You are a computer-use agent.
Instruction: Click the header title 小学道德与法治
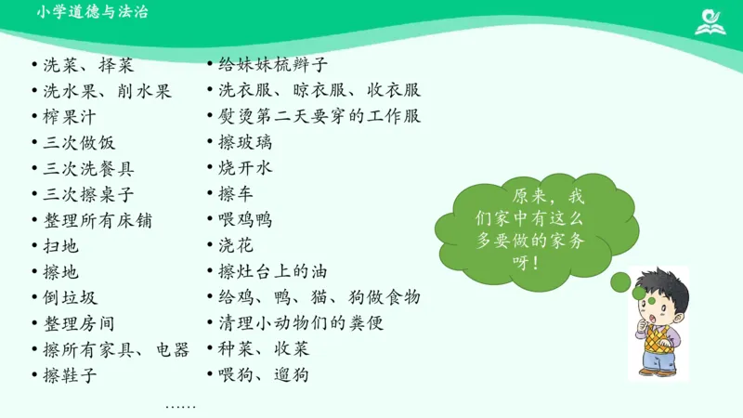94,12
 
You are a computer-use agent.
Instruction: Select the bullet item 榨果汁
71,117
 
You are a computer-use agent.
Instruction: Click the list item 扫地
61,246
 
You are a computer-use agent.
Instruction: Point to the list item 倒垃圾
71,298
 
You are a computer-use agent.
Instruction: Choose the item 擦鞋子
71,375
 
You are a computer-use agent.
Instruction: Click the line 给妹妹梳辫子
273,65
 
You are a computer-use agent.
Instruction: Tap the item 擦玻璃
245,143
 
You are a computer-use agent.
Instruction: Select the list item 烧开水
245,169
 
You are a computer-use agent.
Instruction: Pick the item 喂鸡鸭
245,220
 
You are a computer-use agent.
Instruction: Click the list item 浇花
236,246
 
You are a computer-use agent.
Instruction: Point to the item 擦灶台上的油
273,272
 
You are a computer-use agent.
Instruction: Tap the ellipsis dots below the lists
180,406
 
